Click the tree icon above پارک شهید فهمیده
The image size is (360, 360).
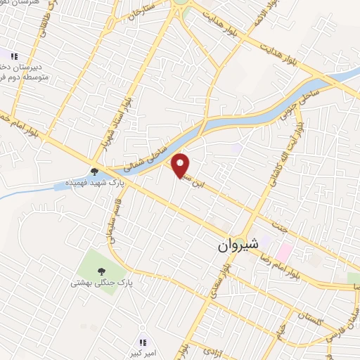click(x=95, y=170)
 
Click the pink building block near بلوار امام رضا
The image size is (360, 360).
click(x=285, y=250)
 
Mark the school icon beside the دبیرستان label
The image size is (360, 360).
click(x=13, y=55)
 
